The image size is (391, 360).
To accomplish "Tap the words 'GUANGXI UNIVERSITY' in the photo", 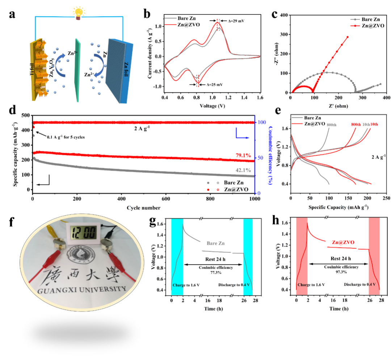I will point(84,289).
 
